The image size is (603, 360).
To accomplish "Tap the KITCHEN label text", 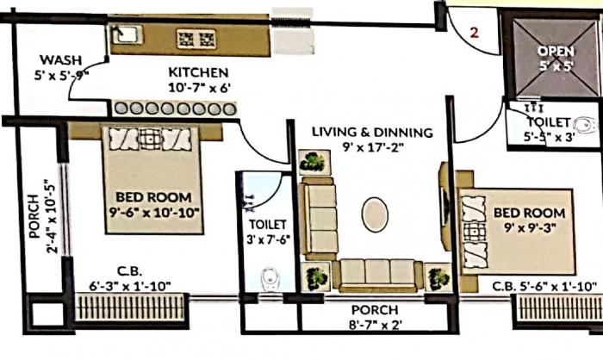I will [x=198, y=71].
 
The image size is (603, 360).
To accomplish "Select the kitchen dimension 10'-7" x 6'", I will [x=198, y=86].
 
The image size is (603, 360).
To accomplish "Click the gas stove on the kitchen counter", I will [x=196, y=38].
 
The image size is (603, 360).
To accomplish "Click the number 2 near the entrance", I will [x=474, y=34].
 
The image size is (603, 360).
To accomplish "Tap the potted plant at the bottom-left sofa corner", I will [x=318, y=276].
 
